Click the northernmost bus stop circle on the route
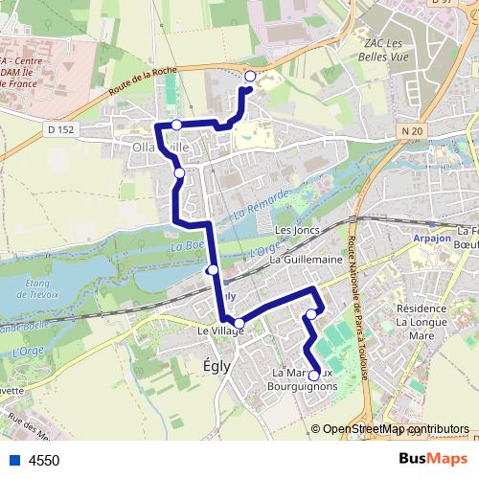click(x=250, y=76)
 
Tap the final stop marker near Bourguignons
click(x=314, y=376)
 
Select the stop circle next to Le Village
click(x=239, y=322)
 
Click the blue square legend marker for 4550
click(x=11, y=460)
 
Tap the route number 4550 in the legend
click(x=44, y=460)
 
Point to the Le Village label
click(x=219, y=331)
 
